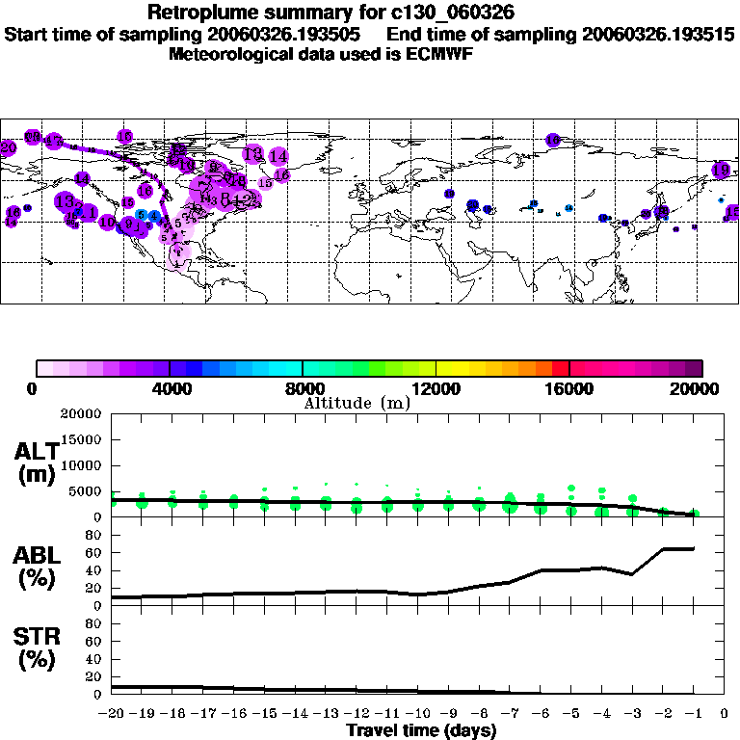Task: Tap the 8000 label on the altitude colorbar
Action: (x=302, y=388)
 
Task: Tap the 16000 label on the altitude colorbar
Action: (x=568, y=388)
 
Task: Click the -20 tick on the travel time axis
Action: (x=112, y=714)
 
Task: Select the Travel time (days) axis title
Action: (x=421, y=731)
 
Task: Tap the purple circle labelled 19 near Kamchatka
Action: (x=721, y=170)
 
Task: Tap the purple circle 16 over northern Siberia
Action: (x=553, y=140)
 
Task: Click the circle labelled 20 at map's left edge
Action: (x=9, y=147)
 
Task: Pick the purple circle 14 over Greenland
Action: (x=278, y=155)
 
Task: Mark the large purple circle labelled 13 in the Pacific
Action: (x=66, y=202)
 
